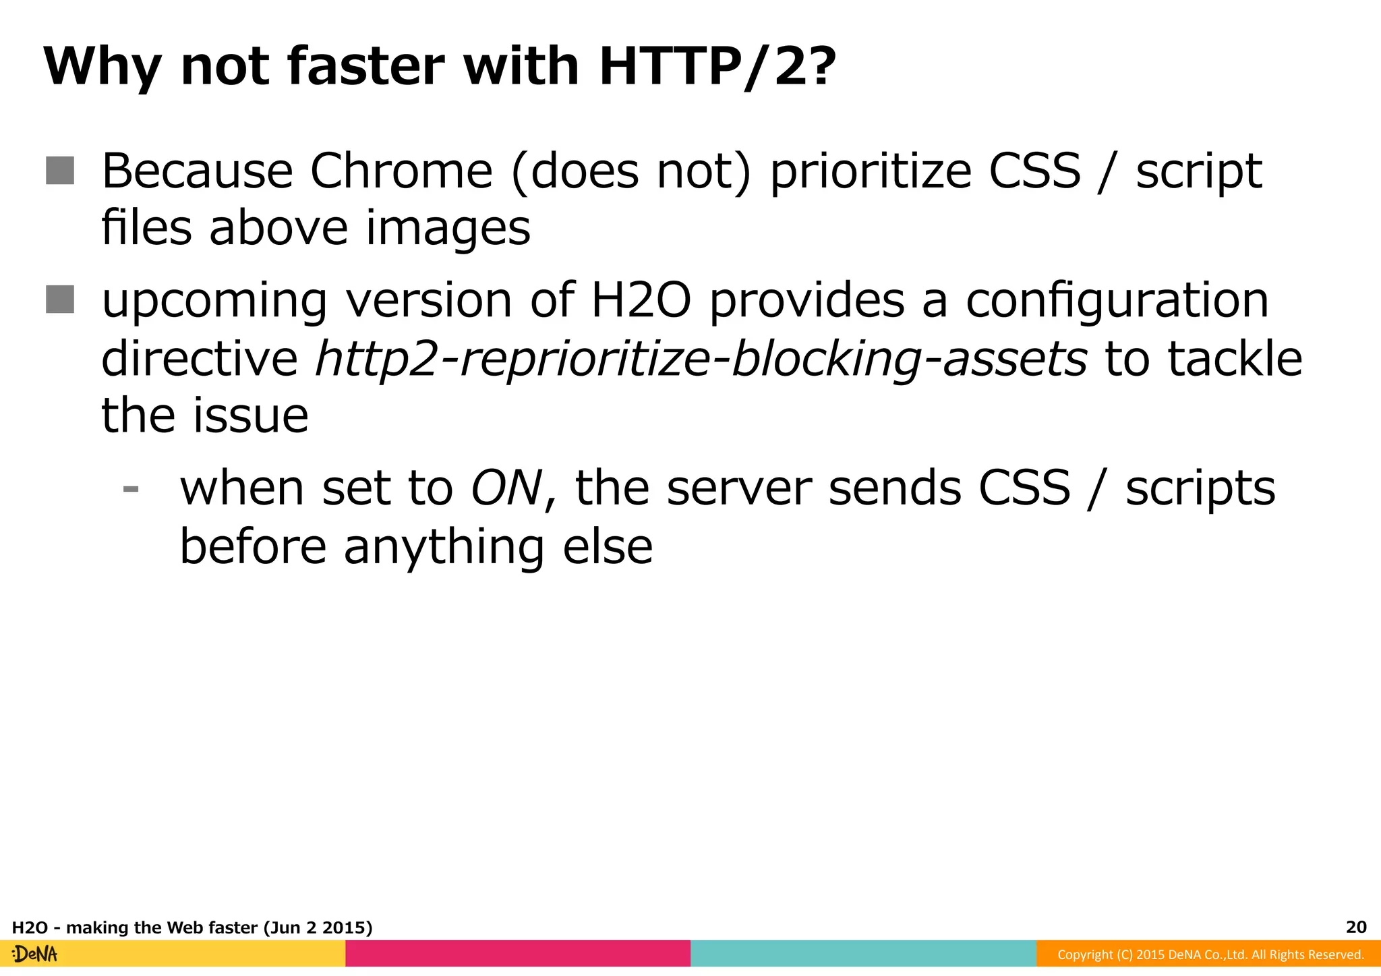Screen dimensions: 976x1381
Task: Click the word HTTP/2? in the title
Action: [x=717, y=67]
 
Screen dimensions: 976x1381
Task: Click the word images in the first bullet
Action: [x=448, y=228]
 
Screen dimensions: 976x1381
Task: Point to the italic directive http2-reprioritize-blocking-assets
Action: [x=701, y=358]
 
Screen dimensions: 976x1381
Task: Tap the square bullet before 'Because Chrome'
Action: [x=60, y=170]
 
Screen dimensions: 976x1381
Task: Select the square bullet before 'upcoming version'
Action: [x=60, y=299]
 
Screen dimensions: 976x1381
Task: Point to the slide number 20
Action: [x=1356, y=927]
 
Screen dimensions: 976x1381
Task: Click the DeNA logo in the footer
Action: [x=35, y=954]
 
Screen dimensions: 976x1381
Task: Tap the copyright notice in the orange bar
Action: [x=1210, y=954]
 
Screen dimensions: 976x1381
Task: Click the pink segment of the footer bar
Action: [x=518, y=954]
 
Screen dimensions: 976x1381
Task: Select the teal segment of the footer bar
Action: [x=863, y=954]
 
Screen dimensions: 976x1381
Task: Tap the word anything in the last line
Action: [x=444, y=546]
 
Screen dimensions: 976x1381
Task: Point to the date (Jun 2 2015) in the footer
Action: [x=318, y=927]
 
